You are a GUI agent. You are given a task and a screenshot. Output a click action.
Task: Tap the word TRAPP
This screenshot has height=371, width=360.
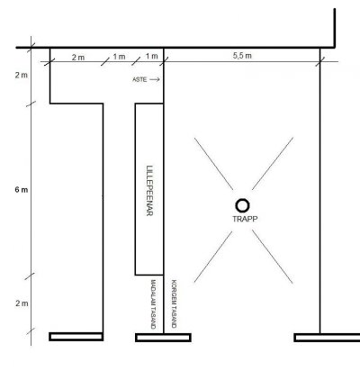point(245,219)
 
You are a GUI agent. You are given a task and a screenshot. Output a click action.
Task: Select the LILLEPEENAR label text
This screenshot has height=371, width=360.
point(149,191)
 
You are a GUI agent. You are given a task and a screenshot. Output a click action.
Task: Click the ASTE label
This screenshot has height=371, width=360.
point(139,79)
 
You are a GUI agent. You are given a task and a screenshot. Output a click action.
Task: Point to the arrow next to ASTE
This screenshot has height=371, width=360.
point(155,79)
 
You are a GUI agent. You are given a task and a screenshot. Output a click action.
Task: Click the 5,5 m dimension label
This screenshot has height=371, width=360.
point(242,56)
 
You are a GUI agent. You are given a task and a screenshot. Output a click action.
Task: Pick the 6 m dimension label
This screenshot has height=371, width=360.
point(22,190)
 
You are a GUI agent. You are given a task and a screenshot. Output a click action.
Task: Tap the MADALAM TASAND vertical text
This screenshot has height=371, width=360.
point(153,304)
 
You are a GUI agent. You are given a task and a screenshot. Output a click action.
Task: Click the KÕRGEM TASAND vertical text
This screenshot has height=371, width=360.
point(174,303)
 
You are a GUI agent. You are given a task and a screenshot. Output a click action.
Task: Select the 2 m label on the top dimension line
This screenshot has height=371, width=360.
point(78,58)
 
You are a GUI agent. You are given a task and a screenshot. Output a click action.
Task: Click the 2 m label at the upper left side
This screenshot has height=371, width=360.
point(22,75)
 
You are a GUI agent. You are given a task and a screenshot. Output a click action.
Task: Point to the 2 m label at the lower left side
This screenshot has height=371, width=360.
point(22,303)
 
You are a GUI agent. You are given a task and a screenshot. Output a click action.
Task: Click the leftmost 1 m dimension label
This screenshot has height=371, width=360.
point(119,57)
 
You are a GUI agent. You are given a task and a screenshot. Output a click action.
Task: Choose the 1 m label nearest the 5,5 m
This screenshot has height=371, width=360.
point(152,56)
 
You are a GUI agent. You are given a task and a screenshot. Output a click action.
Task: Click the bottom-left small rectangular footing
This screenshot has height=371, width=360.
point(76,337)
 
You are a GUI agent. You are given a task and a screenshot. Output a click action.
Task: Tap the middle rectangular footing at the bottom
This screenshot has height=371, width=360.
point(163,338)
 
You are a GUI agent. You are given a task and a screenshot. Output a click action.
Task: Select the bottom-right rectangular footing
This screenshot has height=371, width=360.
point(327,338)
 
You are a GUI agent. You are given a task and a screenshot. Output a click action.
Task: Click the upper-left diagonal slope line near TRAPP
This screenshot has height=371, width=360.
point(213,164)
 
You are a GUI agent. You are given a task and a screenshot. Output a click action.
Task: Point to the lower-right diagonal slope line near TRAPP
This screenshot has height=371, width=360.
point(273,257)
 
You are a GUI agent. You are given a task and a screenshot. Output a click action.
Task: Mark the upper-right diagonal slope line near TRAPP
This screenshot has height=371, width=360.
point(273,164)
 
